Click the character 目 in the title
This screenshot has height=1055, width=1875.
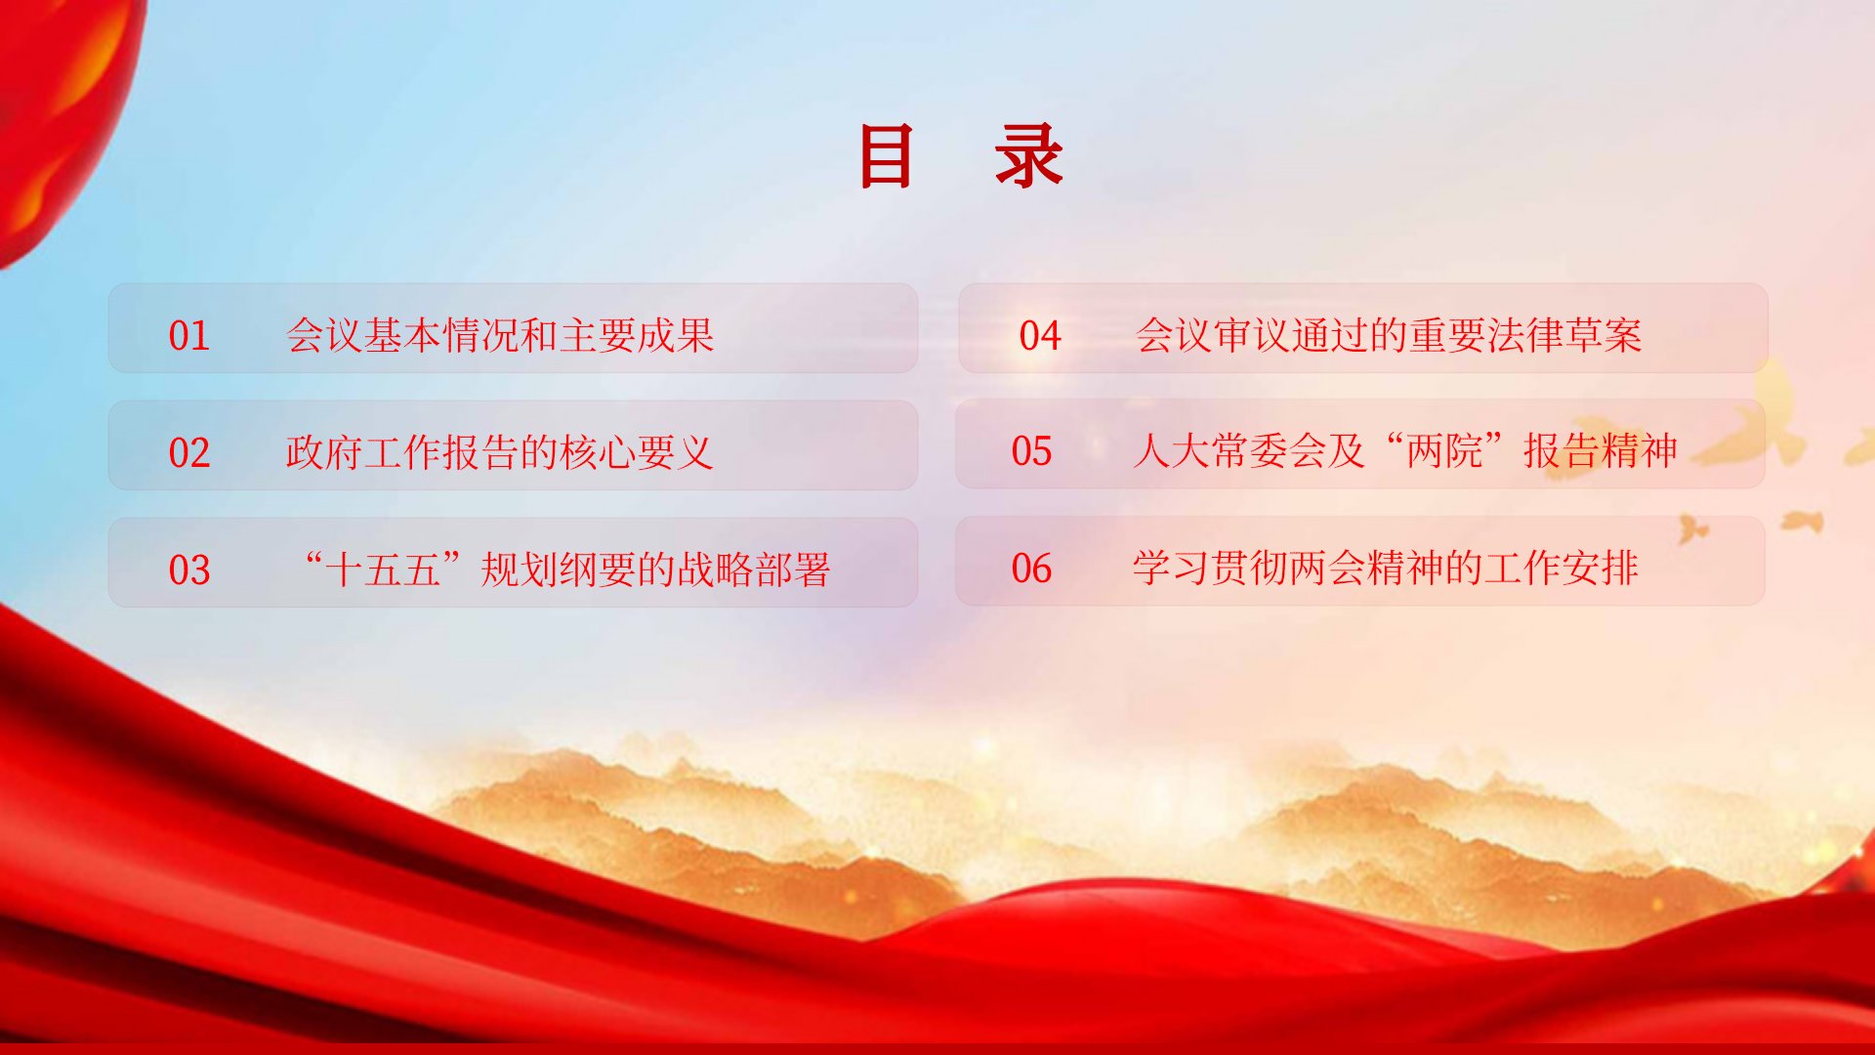tap(886, 156)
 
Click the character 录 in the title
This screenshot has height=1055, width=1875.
tap(1028, 156)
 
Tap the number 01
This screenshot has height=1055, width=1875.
tap(189, 336)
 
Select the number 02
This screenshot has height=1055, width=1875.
tap(189, 453)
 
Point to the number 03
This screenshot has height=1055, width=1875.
tap(189, 570)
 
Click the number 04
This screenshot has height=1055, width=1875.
tap(1040, 336)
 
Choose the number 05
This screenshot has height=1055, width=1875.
tap(1032, 451)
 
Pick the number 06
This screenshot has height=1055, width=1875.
tap(1032, 569)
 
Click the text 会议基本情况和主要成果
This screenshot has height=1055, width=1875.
tap(500, 336)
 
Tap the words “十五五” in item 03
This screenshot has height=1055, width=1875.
tap(382, 570)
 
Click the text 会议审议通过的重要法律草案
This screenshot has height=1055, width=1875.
tap(1389, 336)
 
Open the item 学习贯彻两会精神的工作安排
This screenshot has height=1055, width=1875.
tap(1386, 569)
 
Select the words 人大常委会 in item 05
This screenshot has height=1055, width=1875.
tap(1229, 451)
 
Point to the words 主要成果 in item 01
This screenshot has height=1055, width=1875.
tap(637, 336)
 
